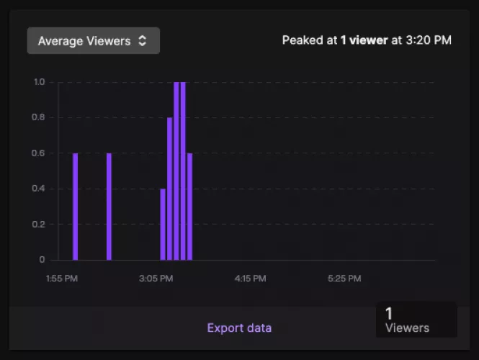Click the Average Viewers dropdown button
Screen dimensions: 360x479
click(93, 41)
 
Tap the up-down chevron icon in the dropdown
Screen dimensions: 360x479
click(143, 41)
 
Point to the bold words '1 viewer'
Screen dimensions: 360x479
click(364, 40)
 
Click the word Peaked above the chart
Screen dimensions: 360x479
click(302, 40)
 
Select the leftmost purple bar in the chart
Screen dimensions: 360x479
click(75, 206)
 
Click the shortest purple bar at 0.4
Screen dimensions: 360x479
click(163, 224)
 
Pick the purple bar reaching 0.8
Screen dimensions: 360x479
click(169, 188)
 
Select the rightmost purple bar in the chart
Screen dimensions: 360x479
click(189, 206)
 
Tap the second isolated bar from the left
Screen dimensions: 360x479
click(109, 206)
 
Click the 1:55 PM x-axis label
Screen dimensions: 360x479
click(61, 278)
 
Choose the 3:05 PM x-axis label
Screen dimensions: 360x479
click(156, 278)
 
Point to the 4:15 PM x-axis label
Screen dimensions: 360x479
click(251, 278)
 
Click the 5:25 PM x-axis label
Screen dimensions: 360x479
click(344, 278)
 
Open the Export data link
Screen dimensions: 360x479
click(239, 328)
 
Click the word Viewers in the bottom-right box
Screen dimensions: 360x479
click(407, 328)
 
